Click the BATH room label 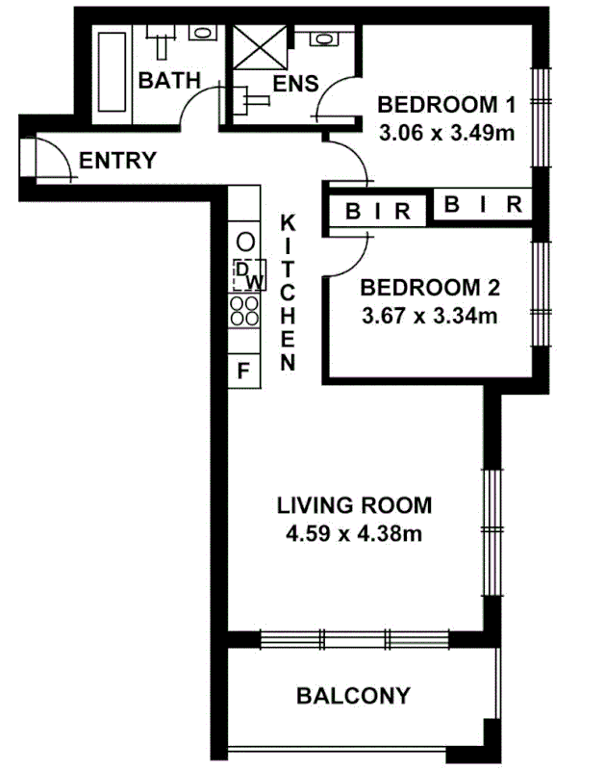coord(169,80)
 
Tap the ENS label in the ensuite coord(295,83)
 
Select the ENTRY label coord(117,161)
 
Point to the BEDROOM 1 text coord(447,105)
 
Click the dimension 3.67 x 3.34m coord(428,315)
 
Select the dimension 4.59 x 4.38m coord(353,532)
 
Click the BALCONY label coord(353,695)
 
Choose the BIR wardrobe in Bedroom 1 coord(484,205)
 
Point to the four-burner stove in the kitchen coord(244,309)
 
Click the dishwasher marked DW coord(247,275)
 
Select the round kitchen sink coord(246,241)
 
